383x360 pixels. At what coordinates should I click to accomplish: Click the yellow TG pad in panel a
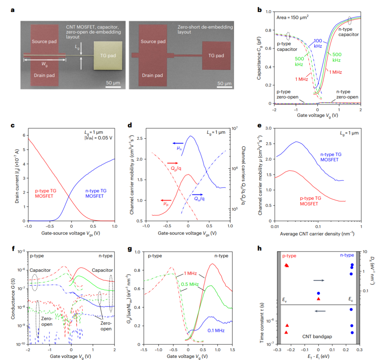coord(108,56)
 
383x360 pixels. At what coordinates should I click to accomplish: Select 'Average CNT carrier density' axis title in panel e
coord(318,234)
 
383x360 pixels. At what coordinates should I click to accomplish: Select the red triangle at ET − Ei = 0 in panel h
coord(318,299)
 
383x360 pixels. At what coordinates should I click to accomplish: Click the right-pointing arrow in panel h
coord(318,281)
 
